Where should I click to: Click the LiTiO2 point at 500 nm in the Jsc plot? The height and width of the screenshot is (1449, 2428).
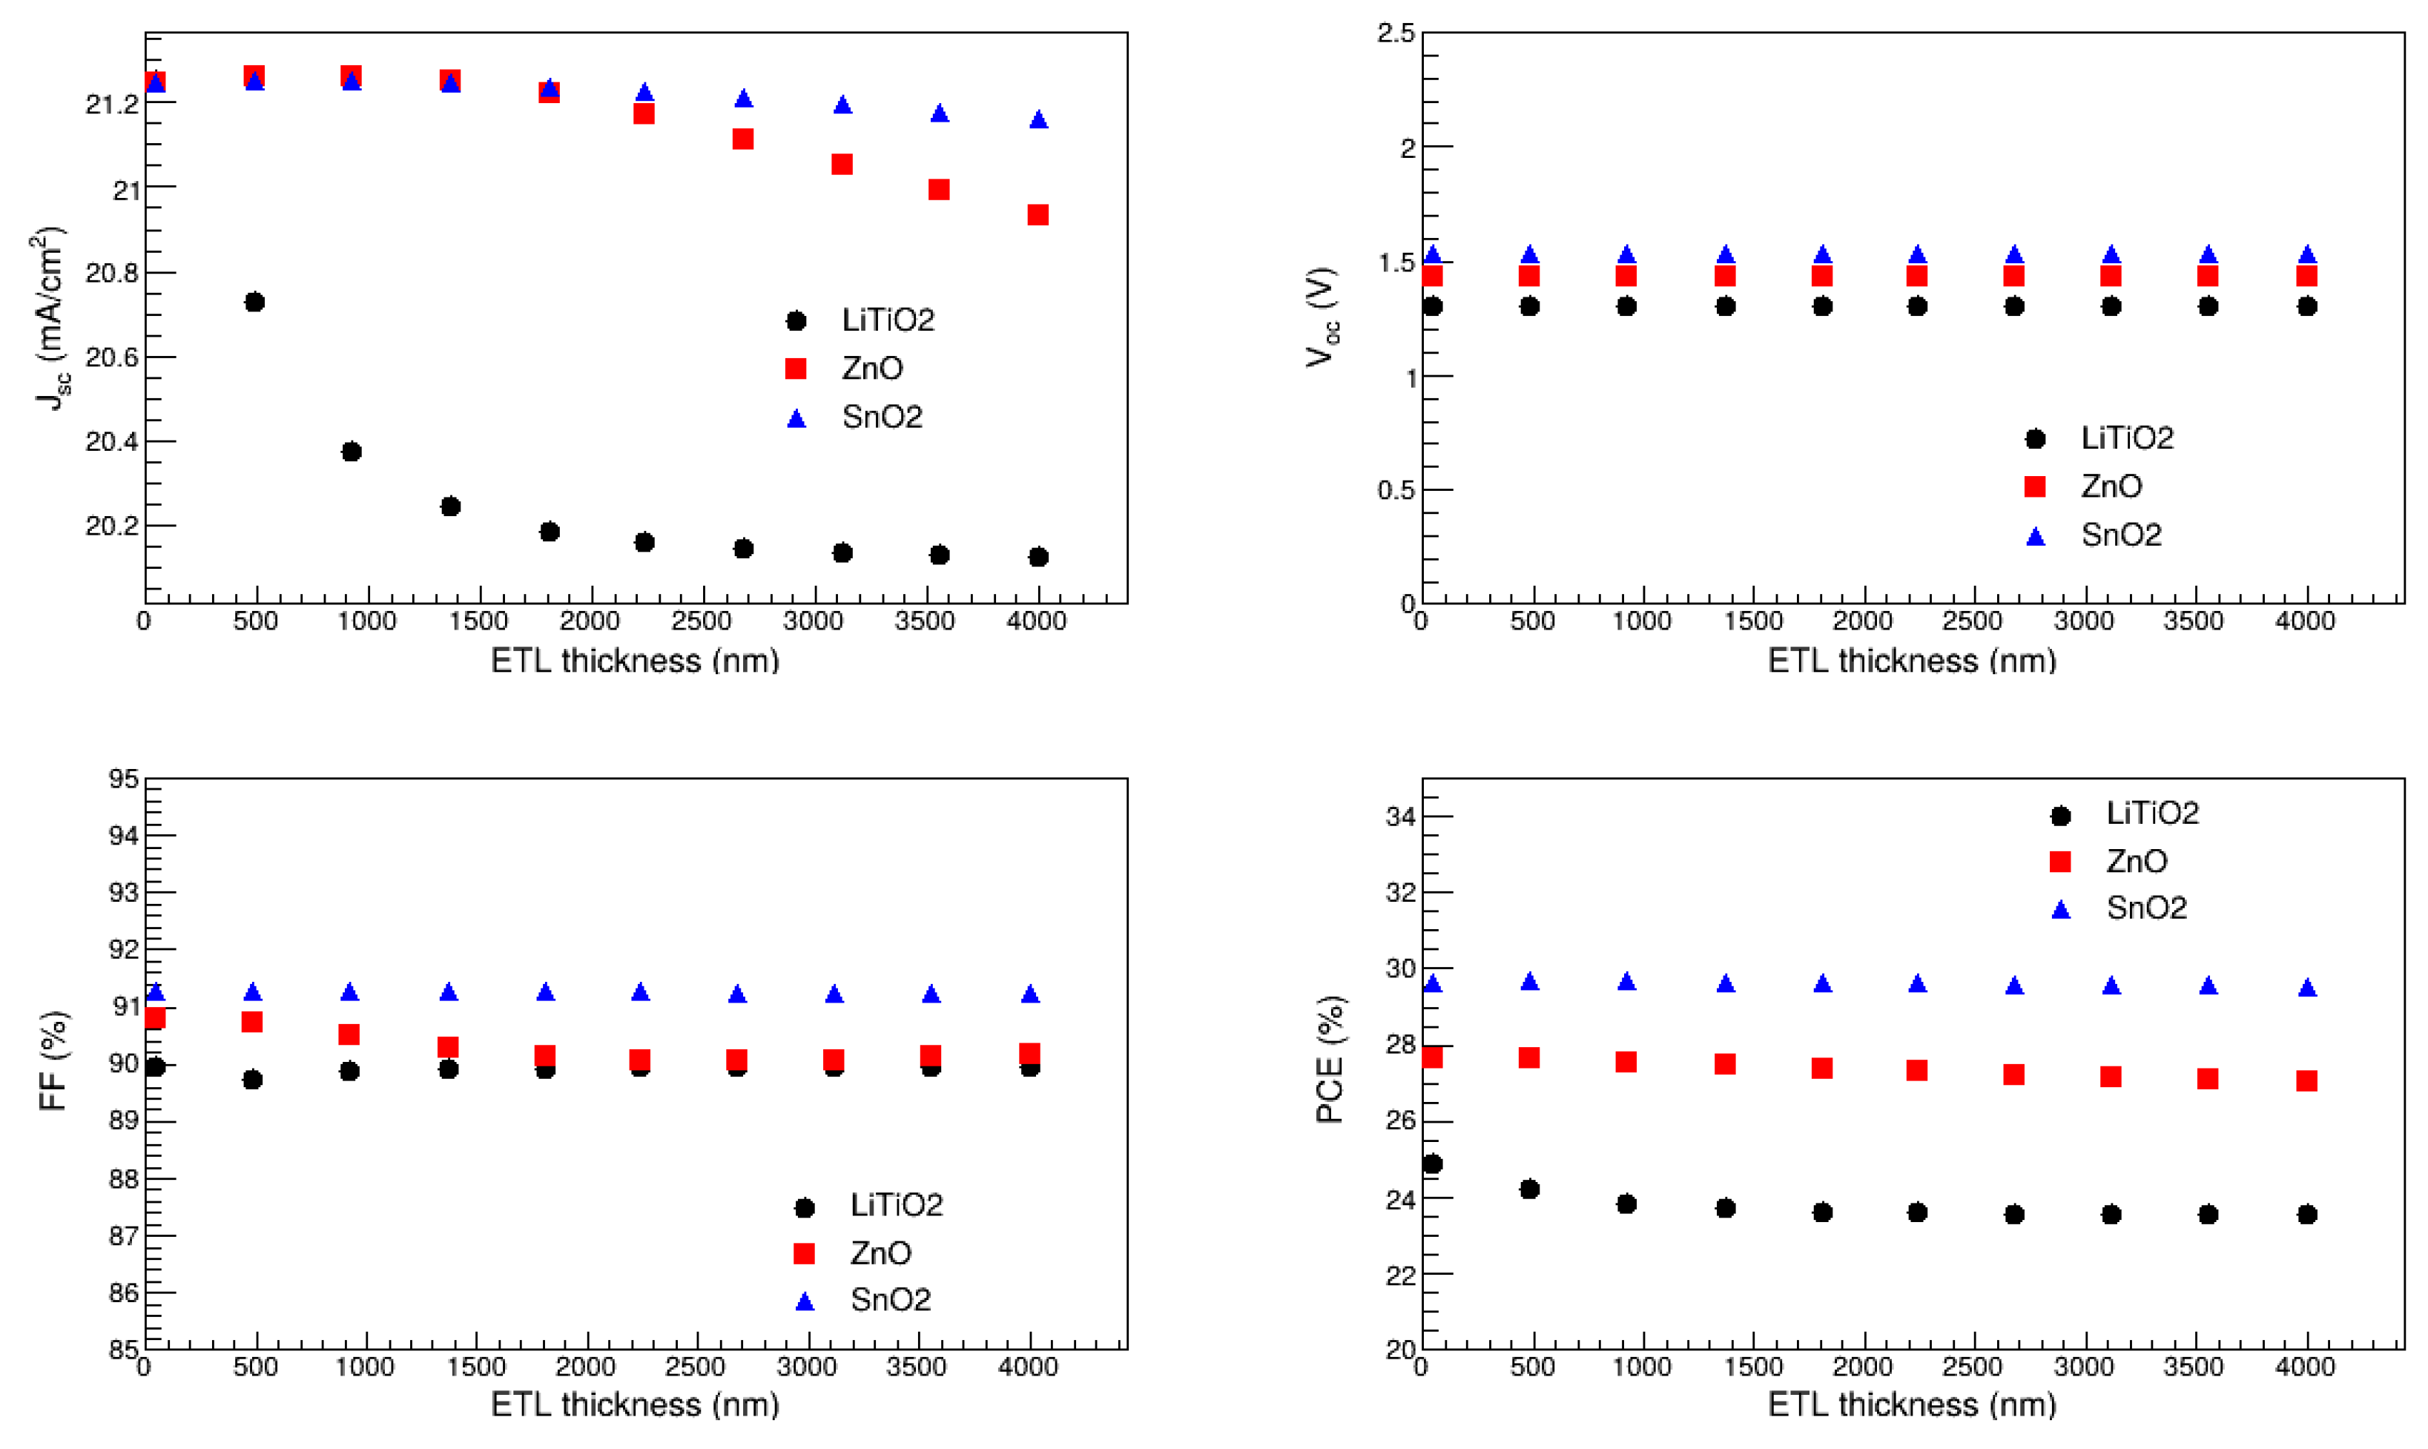point(254,302)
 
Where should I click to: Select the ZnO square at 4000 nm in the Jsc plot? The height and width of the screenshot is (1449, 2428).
point(1037,215)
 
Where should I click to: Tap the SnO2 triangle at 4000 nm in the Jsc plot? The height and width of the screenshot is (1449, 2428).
point(1039,120)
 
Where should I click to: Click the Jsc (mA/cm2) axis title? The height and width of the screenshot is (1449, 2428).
point(49,318)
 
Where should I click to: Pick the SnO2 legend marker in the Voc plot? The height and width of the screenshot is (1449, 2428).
point(2036,536)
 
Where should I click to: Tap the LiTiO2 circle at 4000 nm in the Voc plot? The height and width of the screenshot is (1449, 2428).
point(2307,306)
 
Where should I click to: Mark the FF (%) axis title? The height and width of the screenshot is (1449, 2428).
point(53,1060)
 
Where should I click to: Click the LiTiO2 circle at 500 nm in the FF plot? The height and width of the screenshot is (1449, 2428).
point(252,1080)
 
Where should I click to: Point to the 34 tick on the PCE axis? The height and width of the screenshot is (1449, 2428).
point(1400,816)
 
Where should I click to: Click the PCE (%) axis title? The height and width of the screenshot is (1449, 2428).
point(1330,1060)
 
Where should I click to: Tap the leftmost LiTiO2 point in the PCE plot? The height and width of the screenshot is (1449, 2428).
point(1432,1164)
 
